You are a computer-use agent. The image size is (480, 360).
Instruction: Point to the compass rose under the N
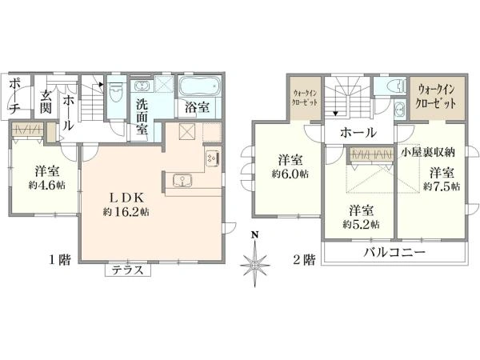point(255,263)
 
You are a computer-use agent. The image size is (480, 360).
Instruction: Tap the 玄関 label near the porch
point(47,102)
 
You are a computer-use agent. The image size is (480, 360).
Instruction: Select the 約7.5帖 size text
point(442,186)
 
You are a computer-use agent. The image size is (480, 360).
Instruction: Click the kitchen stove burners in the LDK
point(213,158)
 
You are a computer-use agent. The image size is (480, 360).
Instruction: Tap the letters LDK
point(126,197)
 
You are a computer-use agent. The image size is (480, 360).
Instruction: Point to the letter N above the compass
point(255,235)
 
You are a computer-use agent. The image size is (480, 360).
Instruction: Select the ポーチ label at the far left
point(16,96)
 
